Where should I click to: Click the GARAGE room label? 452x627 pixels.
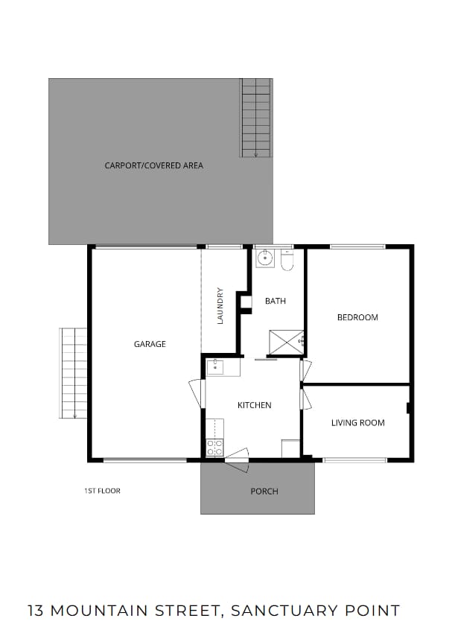150,344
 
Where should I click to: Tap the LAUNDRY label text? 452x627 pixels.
220,305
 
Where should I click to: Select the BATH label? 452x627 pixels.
276,301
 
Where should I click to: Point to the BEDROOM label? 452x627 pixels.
357,317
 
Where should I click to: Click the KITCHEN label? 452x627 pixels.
255,405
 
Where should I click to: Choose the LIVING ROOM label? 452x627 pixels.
358,423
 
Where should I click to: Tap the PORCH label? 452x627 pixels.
264,491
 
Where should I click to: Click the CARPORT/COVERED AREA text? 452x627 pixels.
154,165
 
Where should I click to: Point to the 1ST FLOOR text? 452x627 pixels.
103,491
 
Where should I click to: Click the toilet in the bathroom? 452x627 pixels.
287,260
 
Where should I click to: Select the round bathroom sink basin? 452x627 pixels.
265,258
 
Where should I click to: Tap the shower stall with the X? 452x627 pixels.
287,342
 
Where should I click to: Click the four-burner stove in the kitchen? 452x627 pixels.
214,448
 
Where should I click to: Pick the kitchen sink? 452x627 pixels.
215,366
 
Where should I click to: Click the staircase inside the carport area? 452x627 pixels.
256,118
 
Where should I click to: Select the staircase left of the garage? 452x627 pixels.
73,373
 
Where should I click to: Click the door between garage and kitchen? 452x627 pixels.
197,392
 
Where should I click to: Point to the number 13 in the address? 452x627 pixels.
36,611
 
